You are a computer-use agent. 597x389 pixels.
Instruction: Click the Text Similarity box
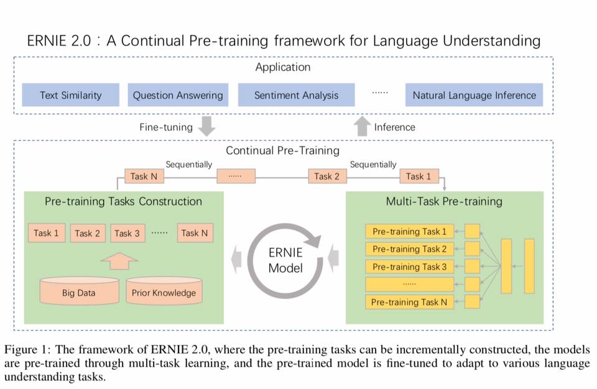click(x=70, y=95)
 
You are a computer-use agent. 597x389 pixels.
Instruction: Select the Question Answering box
click(x=178, y=95)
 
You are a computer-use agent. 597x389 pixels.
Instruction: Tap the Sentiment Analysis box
click(x=296, y=95)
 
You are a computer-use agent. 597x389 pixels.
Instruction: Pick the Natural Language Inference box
click(x=474, y=95)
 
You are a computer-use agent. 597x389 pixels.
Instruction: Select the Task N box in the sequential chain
click(x=139, y=176)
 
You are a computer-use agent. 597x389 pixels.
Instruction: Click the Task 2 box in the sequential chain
click(x=327, y=176)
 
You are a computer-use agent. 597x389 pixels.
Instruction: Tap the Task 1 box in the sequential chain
click(x=419, y=176)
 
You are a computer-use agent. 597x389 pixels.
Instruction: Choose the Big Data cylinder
click(x=78, y=291)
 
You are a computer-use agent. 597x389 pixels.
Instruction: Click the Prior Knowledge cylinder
click(x=164, y=291)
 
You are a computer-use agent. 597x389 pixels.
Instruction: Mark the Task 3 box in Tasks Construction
click(x=127, y=233)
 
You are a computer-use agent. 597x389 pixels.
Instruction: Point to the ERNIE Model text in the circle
click(x=285, y=260)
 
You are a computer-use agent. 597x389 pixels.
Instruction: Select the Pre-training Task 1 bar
click(x=409, y=232)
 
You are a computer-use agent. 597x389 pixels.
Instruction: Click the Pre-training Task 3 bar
click(x=409, y=267)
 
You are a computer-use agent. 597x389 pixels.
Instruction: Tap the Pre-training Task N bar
click(x=409, y=302)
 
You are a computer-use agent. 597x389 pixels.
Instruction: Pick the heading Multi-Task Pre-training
click(x=444, y=201)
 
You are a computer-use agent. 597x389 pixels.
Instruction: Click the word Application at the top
click(x=282, y=67)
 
